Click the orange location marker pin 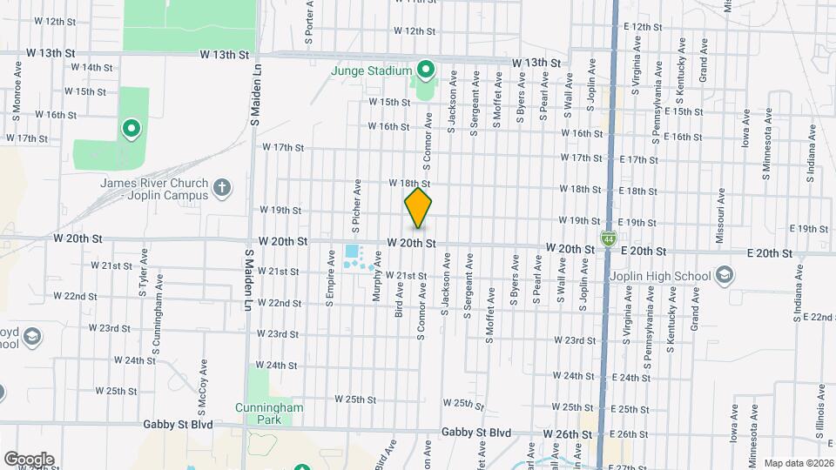coord(418,209)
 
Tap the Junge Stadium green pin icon coord(425,68)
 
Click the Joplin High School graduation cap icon coord(723,277)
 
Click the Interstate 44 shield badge coord(606,238)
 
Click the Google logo coord(29,460)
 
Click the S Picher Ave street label coord(357,207)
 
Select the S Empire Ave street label coord(330,279)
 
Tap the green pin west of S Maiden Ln coord(131,131)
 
